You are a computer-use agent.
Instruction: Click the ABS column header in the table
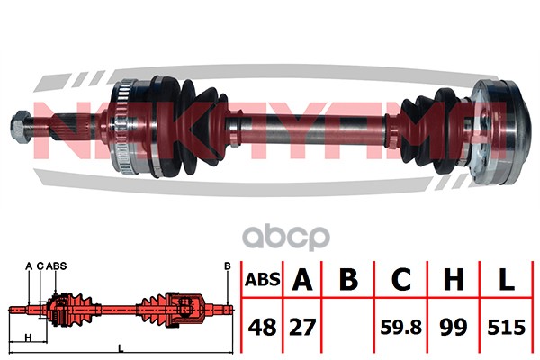point(263,279)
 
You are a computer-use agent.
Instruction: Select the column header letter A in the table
point(302,279)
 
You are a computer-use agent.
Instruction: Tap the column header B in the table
point(348,279)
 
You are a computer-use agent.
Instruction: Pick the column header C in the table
point(401,279)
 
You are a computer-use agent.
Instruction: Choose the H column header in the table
point(454,279)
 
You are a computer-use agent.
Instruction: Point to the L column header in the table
point(507,279)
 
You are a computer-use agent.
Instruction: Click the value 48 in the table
point(262,327)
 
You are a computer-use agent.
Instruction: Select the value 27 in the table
point(302,327)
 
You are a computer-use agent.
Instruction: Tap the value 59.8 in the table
point(400,327)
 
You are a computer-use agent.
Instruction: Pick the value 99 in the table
point(454,327)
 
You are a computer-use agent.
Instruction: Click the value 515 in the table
point(506,327)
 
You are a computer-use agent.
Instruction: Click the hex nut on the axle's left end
point(21,128)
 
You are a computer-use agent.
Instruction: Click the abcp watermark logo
point(286,237)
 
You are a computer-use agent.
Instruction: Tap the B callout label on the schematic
point(228,266)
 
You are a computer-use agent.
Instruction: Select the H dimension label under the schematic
point(29,337)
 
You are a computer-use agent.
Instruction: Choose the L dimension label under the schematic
point(121,348)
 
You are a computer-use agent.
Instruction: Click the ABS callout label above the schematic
point(56,266)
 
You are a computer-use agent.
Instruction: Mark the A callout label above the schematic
point(29,266)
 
